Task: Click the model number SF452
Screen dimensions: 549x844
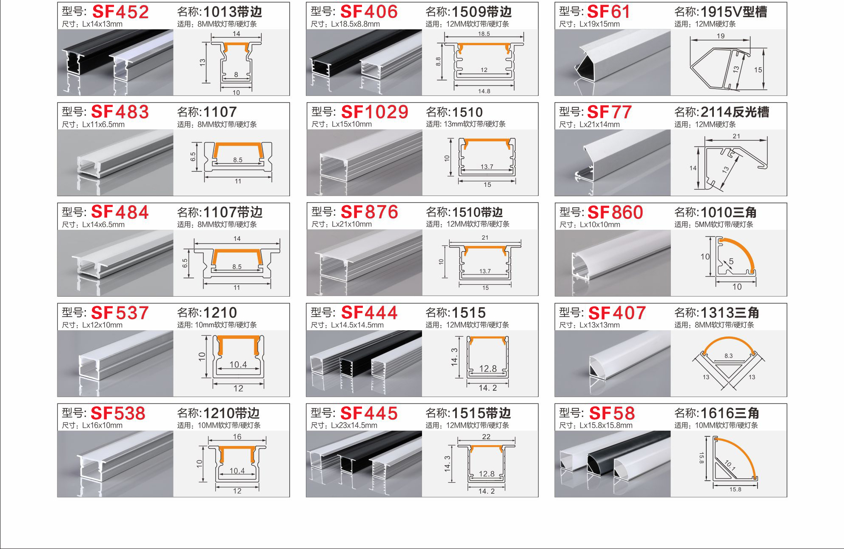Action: pyautogui.click(x=120, y=12)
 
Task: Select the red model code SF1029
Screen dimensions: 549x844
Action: pyautogui.click(x=374, y=112)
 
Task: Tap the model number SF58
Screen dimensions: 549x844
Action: pyautogui.click(x=612, y=413)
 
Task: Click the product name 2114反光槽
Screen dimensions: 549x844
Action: pyautogui.click(x=734, y=112)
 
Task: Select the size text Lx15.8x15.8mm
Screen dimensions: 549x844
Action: pyautogui.click(x=606, y=426)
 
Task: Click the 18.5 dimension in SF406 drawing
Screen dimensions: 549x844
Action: pyautogui.click(x=484, y=34)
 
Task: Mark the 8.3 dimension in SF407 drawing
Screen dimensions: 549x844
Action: pyautogui.click(x=729, y=356)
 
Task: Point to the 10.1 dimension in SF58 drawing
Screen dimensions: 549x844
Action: pyautogui.click(x=730, y=466)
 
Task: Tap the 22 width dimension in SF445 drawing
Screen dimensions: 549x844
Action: pyautogui.click(x=486, y=437)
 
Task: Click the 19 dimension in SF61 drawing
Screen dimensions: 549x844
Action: pyautogui.click(x=721, y=36)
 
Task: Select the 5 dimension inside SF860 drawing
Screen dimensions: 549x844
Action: pyautogui.click(x=731, y=261)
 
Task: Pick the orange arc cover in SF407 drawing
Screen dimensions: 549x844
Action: pyautogui.click(x=728, y=340)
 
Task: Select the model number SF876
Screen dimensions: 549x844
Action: pyautogui.click(x=369, y=212)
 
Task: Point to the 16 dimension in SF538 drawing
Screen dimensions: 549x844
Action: pyautogui.click(x=237, y=437)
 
